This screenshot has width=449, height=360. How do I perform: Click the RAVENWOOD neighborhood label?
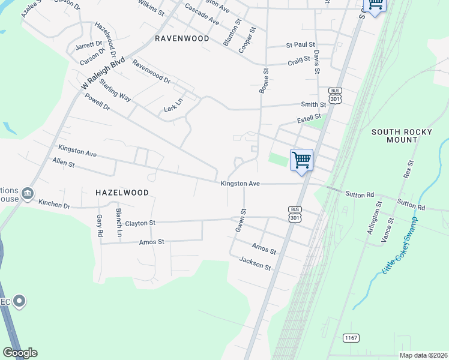pyautogui.click(x=182, y=38)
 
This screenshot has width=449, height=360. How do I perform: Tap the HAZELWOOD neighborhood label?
pyautogui.click(x=122, y=192)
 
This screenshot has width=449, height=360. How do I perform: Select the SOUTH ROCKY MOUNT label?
pyautogui.click(x=394, y=136)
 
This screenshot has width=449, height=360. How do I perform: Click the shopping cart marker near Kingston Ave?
pyautogui.click(x=301, y=160)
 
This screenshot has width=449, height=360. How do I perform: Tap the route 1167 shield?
pyautogui.click(x=351, y=338)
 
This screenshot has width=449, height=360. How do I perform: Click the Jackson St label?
pyautogui.click(x=255, y=263)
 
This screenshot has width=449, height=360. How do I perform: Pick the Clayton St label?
pyautogui.click(x=140, y=223)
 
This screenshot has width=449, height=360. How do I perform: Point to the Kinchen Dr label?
pyautogui.click(x=54, y=205)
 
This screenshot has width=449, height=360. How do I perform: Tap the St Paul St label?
pyautogui.click(x=301, y=44)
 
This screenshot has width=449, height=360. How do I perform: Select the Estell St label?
pyautogui.click(x=310, y=119)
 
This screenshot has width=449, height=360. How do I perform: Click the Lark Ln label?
pyautogui.click(x=173, y=106)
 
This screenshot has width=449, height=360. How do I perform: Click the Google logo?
pyautogui.click(x=20, y=353)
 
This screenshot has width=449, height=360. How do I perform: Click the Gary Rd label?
pyautogui.click(x=100, y=224)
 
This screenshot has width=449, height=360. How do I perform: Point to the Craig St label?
pyautogui.click(x=298, y=61)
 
